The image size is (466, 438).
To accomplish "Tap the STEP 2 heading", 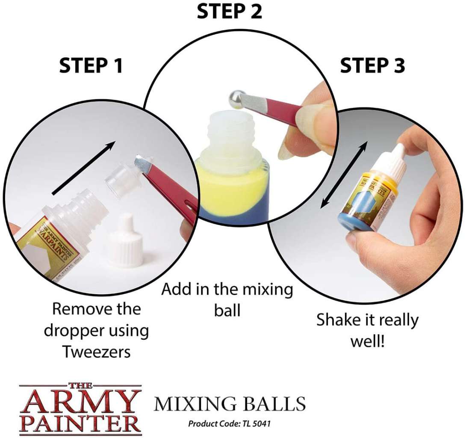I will [229, 12].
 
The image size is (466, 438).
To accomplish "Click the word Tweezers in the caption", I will [97, 352].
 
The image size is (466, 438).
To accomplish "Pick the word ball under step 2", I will [227, 311].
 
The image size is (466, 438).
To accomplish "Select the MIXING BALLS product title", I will [230, 404].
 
